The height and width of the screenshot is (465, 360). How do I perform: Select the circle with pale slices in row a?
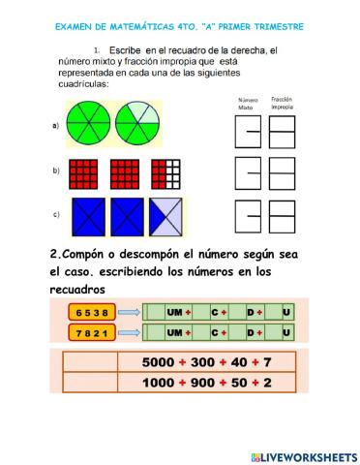[x=138, y=126]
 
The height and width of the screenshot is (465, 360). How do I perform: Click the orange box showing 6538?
[x=91, y=311]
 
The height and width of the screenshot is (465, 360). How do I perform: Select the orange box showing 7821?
[x=91, y=332]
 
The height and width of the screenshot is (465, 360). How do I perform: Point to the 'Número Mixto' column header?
[x=249, y=102]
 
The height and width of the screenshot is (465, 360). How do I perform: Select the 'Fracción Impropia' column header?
[x=283, y=102]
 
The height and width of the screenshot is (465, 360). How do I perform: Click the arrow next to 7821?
[x=129, y=332]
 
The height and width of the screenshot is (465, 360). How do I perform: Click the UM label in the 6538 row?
[x=175, y=311]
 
